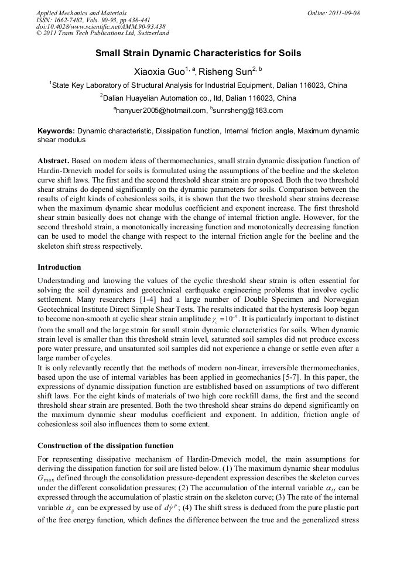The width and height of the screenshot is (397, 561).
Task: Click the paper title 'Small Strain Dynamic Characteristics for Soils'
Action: pos(198,53)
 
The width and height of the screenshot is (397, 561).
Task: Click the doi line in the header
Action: pos(101,27)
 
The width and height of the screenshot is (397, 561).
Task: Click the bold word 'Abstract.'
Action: pos(54,161)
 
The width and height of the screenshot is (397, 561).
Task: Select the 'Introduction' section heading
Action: pos(59,267)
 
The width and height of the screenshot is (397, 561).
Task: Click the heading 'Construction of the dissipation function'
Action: pos(105,446)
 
